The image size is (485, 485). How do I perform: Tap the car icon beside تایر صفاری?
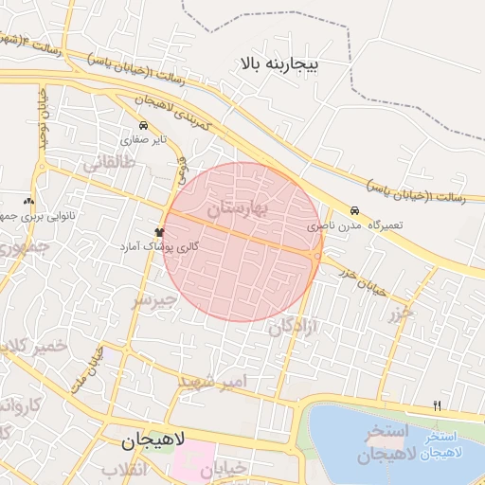(x=143, y=125)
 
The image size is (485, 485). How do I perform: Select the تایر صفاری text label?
(x=149, y=139)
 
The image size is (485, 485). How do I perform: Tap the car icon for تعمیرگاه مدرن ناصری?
(x=354, y=210)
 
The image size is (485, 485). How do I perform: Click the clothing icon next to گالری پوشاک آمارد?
(x=158, y=230)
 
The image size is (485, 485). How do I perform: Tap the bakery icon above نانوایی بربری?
(x=28, y=201)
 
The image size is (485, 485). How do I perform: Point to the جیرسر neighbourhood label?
(x=154, y=301)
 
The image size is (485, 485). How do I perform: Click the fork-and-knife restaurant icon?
(x=437, y=405)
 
